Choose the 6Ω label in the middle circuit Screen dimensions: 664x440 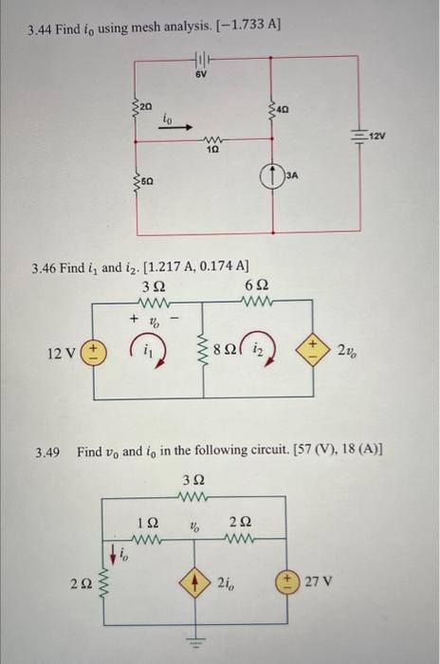pos(256,286)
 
